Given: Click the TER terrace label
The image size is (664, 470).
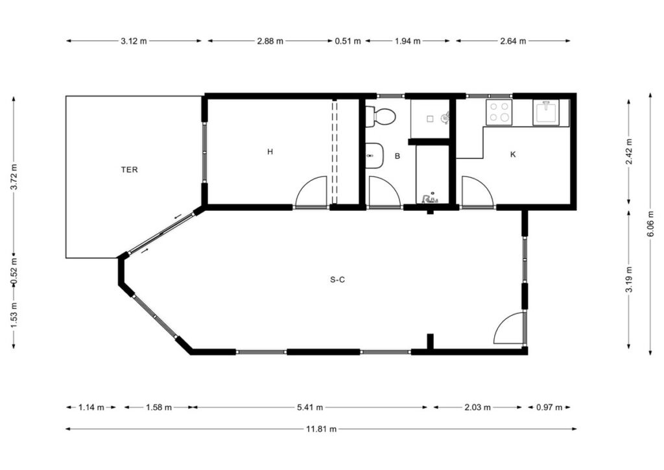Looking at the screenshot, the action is click(x=129, y=169).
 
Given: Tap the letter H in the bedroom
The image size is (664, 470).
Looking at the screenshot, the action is click(x=270, y=152).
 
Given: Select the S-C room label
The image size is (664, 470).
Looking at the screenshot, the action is click(x=337, y=280).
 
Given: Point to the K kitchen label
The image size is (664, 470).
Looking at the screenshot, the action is click(x=513, y=155).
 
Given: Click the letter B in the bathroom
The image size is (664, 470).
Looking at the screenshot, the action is click(x=397, y=156).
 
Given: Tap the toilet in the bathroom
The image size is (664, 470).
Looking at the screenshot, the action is click(x=380, y=117).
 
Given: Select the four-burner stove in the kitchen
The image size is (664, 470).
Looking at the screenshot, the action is click(x=499, y=112).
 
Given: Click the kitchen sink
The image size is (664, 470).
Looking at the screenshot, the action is click(x=546, y=113).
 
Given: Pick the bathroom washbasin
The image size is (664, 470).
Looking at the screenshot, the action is click(x=374, y=156).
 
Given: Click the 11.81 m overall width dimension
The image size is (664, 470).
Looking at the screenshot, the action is click(x=321, y=429).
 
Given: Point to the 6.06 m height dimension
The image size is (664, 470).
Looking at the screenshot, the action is click(x=650, y=224).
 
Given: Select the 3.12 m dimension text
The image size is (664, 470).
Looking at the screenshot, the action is click(x=134, y=41).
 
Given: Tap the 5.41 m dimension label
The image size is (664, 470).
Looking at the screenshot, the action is click(x=310, y=407).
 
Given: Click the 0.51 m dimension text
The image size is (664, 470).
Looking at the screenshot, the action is click(x=348, y=41).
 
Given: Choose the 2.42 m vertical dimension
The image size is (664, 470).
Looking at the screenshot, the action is click(x=629, y=151).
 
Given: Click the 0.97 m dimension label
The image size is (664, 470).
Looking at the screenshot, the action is click(x=549, y=407).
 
